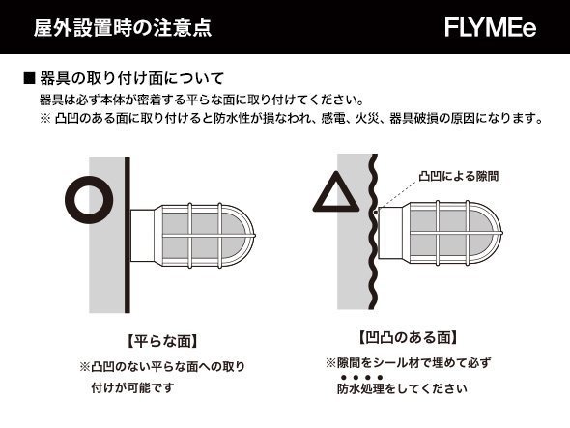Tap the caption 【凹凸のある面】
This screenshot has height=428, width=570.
pos(408,338)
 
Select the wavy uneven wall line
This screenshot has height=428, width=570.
pos(370,242)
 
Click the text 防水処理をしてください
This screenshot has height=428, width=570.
pos(401,389)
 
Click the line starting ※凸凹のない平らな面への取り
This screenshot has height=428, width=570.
pos(161,367)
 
